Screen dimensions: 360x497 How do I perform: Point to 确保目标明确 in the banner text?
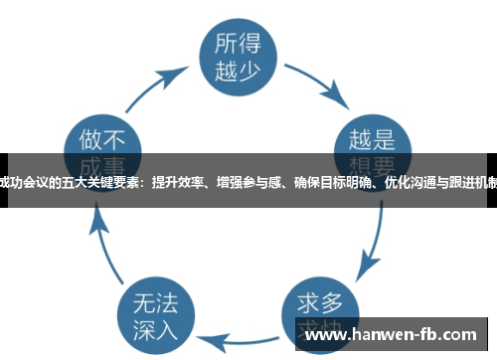coord(326,181)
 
